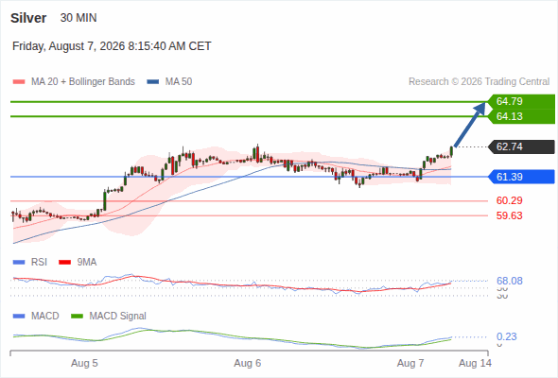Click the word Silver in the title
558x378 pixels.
28,18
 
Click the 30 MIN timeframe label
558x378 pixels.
78,18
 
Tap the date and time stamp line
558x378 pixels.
112,46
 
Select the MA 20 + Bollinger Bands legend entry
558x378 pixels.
74,82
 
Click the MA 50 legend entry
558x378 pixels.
169,82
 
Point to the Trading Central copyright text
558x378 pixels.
479,82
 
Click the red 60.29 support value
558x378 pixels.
509,200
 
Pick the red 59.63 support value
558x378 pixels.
509,215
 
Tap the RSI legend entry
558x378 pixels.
30,262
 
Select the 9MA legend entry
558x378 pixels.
78,262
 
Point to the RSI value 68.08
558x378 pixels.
510,281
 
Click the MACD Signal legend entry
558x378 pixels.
109,316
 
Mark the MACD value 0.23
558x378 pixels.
507,336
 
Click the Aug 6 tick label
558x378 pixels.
248,363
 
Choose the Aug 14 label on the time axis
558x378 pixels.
475,363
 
